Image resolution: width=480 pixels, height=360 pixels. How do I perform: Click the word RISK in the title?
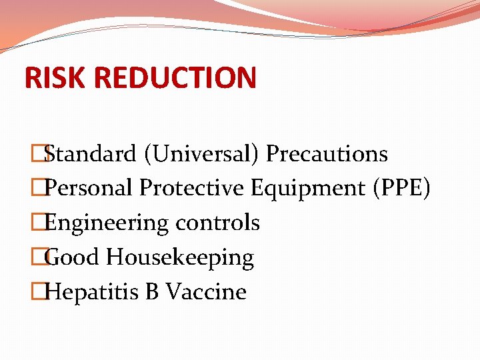pyautogui.click(x=56, y=77)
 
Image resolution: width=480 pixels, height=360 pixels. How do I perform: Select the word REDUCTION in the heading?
pyautogui.click(x=175, y=77)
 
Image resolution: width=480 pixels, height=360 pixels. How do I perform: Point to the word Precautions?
pyautogui.click(x=327, y=154)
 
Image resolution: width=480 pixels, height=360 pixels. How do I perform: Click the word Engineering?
pyautogui.click(x=107, y=223)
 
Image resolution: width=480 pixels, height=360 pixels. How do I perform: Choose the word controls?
pyautogui.click(x=217, y=223)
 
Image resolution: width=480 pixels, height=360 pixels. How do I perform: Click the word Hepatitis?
pyautogui.click(x=93, y=292)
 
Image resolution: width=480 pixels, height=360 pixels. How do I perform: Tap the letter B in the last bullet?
pyautogui.click(x=152, y=292)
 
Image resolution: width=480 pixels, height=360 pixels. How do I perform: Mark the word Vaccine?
pyautogui.click(x=206, y=292)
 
